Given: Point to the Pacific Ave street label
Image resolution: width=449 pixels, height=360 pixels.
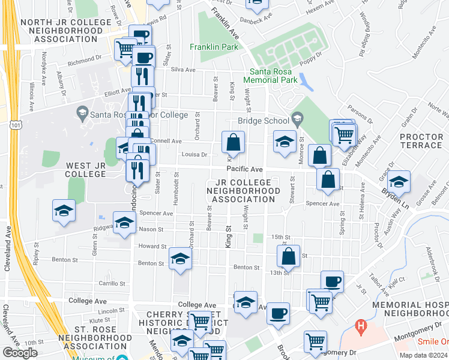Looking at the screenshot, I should (x=244, y=170).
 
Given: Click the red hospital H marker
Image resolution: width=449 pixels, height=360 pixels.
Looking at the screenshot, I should (x=361, y=327).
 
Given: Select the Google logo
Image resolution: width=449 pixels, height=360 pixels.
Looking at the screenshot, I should (x=20, y=353).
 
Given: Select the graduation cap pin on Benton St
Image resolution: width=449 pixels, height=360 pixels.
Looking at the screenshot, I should (x=179, y=259).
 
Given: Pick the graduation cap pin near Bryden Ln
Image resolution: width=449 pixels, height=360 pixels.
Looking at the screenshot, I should (x=399, y=182).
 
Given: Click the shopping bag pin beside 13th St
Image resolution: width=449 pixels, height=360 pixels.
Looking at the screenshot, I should (x=289, y=257).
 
